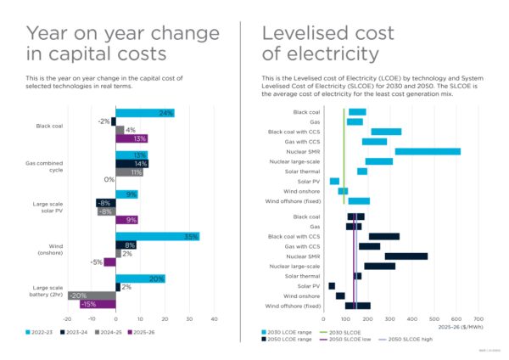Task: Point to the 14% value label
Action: [141, 163]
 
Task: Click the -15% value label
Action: [87, 304]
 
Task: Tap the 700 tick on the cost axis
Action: [478, 319]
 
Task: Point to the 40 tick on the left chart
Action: [215, 319]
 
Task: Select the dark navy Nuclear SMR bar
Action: [406, 256]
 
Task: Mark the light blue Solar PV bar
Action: [334, 181]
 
